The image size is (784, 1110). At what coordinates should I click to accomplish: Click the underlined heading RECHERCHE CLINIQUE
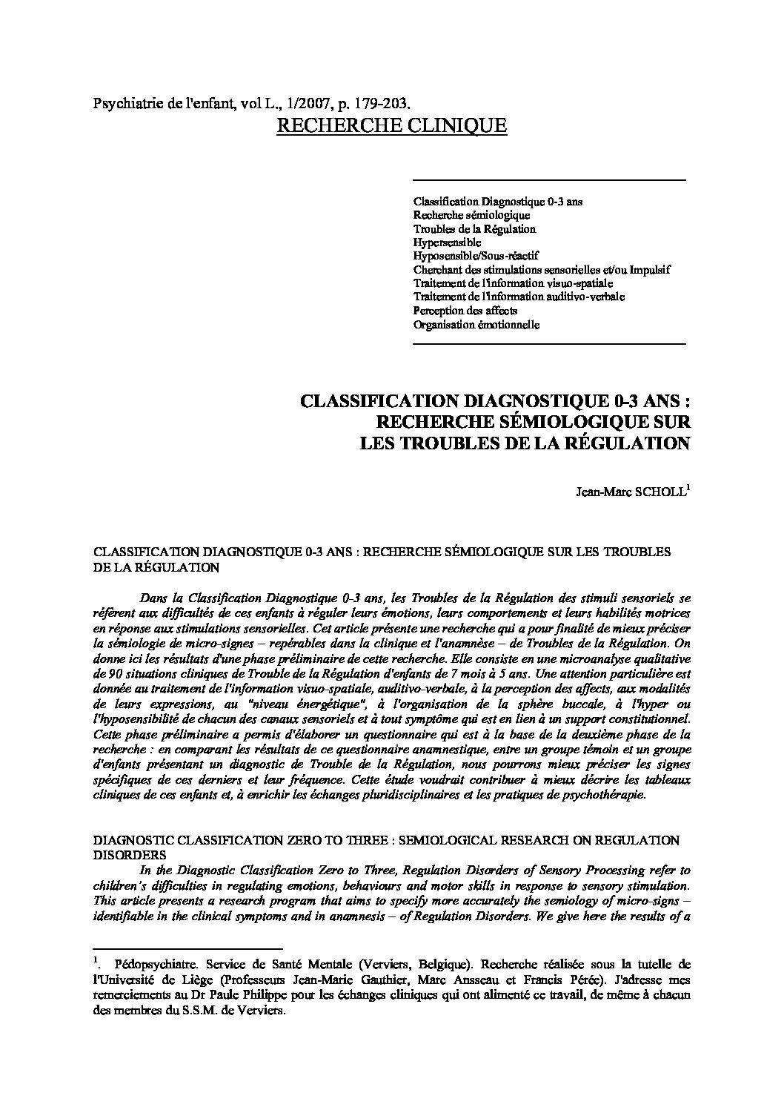[x=391, y=125]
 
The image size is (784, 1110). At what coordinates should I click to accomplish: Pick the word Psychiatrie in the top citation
[x=123, y=104]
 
